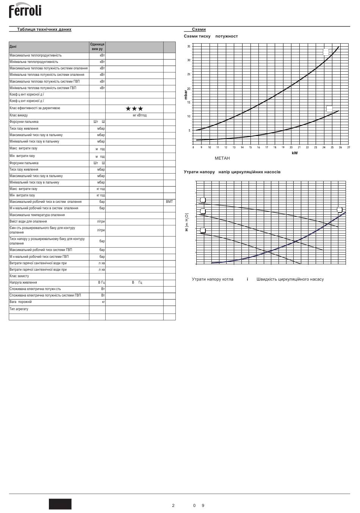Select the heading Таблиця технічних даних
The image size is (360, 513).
coord(44,30)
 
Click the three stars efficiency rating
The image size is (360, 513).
coord(134,109)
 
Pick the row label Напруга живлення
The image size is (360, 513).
coord(23,282)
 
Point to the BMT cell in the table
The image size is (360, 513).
coord(169,202)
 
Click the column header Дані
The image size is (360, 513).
coord(13,47)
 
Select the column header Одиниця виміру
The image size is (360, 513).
coord(97,47)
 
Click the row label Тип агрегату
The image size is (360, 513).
coord(19,309)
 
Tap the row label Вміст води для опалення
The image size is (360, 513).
coord(28,221)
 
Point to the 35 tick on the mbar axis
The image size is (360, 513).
coord(189,46)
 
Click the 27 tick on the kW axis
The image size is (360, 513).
coord(348,147)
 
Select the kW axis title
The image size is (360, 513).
coord(294,153)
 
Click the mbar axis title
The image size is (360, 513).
coord(186,94)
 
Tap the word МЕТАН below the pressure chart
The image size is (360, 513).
coord(222,158)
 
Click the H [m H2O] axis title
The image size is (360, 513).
coord(187,221)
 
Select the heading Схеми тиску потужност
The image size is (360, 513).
coord(211,36)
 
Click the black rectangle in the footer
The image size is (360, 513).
coord(60,504)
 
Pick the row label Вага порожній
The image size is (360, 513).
coord(20,302)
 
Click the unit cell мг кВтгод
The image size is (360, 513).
coord(139,115)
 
